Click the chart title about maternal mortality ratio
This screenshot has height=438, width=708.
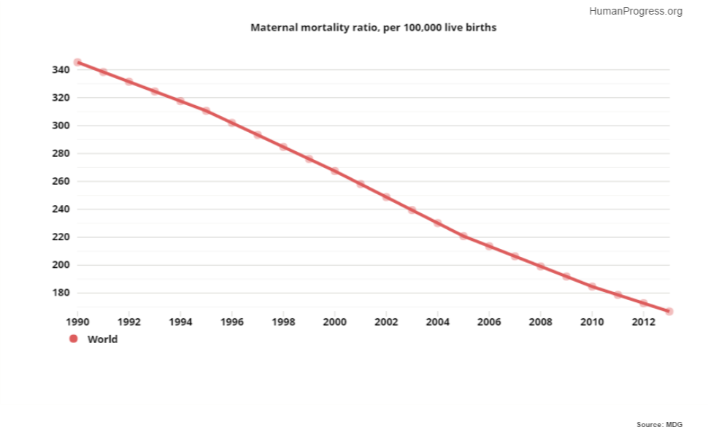(x=373, y=28)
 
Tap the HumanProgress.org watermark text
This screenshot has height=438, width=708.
(x=635, y=11)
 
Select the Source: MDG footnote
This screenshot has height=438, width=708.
(x=660, y=424)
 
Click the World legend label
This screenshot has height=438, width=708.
(x=102, y=339)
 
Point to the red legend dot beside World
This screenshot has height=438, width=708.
(x=73, y=339)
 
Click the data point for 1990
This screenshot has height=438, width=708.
(x=77, y=62)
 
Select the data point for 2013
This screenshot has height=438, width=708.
(x=669, y=312)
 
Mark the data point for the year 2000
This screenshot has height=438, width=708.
(x=334, y=171)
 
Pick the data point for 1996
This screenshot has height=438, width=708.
(x=231, y=123)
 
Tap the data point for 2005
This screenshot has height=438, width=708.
(x=463, y=236)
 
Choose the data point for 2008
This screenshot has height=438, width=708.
(x=540, y=266)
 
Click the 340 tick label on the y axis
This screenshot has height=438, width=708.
(x=61, y=70)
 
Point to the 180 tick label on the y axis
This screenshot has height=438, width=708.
(x=61, y=293)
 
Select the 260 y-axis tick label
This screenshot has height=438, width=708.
(x=61, y=181)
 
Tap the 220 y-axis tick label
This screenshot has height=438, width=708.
(x=61, y=237)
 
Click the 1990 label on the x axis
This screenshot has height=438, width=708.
(x=77, y=322)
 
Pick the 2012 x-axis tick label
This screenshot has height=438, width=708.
(x=643, y=322)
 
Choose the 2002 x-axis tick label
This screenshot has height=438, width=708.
(x=386, y=322)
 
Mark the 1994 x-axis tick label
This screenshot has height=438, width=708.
(x=180, y=322)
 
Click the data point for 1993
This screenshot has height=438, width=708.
(x=155, y=91)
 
